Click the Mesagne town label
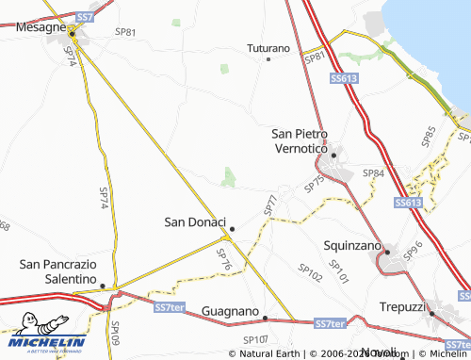41,28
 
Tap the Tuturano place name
268,46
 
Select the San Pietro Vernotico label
299,141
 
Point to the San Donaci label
194,222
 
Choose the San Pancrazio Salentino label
58,272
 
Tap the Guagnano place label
230,310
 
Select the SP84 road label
373,173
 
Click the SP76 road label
224,258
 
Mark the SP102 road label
310,273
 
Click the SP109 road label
115,334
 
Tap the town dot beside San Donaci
232,228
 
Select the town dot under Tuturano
268,59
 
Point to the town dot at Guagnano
265,318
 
